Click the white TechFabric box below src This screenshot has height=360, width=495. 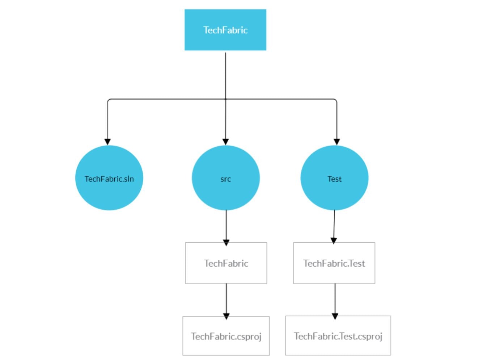click(x=226, y=263)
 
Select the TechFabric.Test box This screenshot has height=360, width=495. click(x=334, y=263)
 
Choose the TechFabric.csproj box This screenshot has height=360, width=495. click(x=226, y=336)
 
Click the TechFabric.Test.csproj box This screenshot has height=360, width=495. click(x=338, y=336)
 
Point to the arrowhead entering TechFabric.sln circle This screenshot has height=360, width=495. click(x=107, y=141)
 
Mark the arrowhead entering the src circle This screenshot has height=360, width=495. click(x=225, y=141)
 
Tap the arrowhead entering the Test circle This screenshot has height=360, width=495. click(x=337, y=141)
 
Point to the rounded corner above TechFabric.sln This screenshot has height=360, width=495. click(x=109, y=100)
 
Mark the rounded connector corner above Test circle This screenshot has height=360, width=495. click(x=335, y=100)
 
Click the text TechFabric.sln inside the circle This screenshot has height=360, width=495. click(x=109, y=179)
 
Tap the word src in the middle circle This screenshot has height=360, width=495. click(x=225, y=179)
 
